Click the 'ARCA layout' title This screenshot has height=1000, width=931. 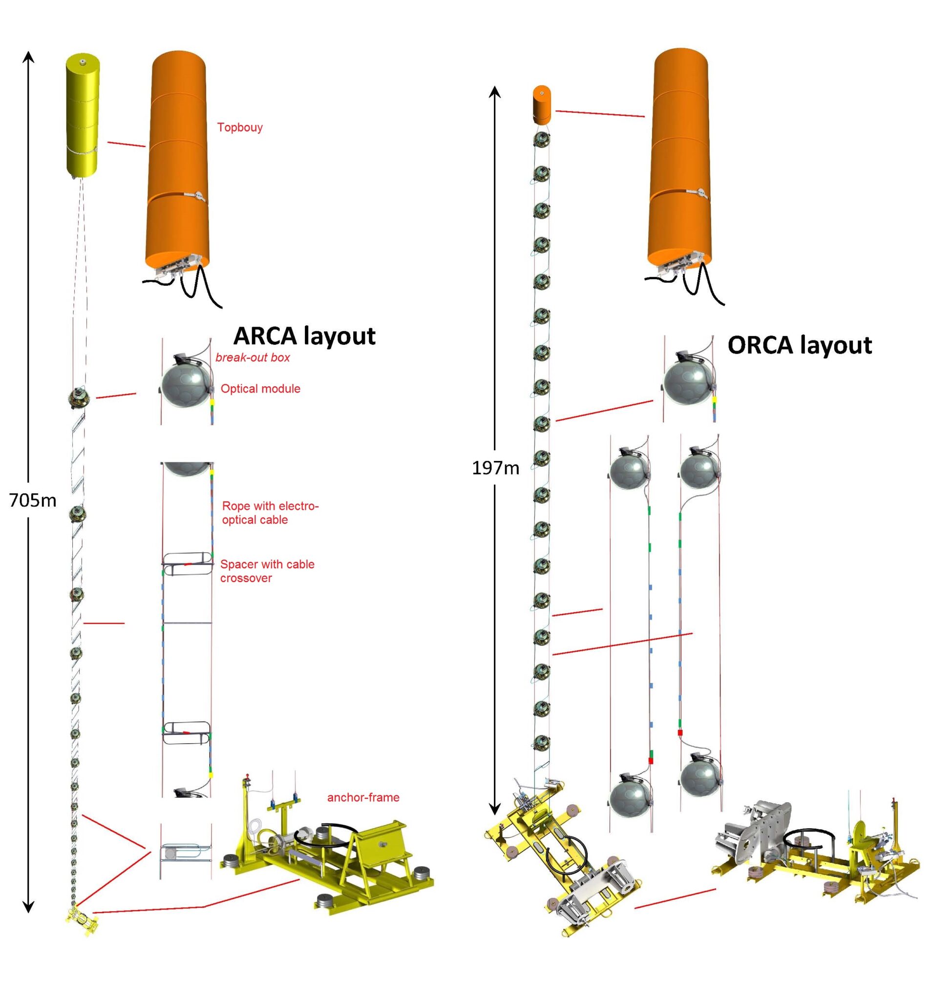(304, 336)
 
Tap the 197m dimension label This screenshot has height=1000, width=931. (495, 468)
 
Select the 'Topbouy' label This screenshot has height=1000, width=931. (239, 127)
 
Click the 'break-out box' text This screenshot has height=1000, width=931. (252, 357)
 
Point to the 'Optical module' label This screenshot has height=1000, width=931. (260, 388)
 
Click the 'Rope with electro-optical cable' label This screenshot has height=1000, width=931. (270, 513)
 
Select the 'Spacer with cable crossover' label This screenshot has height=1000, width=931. (267, 571)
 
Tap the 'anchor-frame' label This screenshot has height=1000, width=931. (362, 797)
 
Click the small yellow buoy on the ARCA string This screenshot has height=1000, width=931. (83, 116)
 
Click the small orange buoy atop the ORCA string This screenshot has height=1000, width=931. (541, 105)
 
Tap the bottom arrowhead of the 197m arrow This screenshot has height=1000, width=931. (495, 810)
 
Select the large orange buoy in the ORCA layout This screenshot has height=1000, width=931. (679, 159)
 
